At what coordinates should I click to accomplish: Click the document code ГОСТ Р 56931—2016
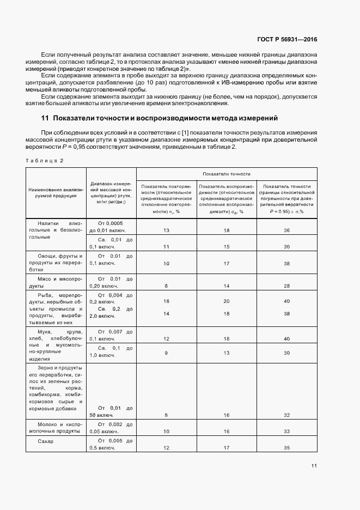pyautogui.click(x=288, y=40)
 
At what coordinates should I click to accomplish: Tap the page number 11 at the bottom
pyautogui.click(x=314, y=466)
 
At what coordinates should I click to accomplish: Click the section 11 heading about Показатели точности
pyautogui.click(x=160, y=118)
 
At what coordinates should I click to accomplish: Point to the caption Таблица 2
pyautogui.click(x=46, y=160)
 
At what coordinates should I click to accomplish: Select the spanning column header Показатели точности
pyautogui.click(x=226, y=174)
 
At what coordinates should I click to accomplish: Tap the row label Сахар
pyautogui.click(x=46, y=441)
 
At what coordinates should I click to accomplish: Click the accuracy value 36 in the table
pyautogui.click(x=286, y=230)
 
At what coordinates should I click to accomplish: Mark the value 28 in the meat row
pyautogui.click(x=286, y=286)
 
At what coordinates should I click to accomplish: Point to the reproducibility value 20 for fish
pyautogui.click(x=227, y=301)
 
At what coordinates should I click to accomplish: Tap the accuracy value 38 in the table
pyautogui.click(x=286, y=313)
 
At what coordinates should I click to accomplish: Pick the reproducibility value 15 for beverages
pyautogui.click(x=227, y=246)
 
